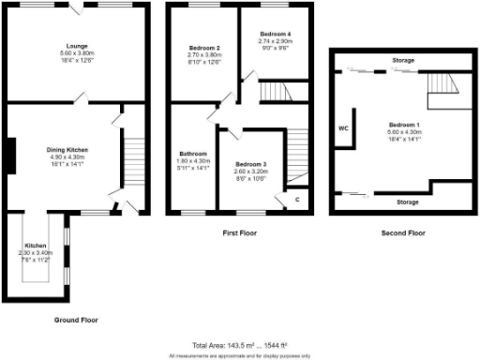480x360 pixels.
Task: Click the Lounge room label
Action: click(x=76, y=45)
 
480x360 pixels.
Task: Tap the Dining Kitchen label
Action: click(x=67, y=148)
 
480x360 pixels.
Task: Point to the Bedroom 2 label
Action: click(x=204, y=48)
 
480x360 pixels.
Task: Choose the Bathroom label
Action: click(x=194, y=152)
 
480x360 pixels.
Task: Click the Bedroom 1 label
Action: click(x=405, y=125)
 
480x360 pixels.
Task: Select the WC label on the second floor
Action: click(x=342, y=127)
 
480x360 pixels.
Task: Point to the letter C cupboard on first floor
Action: click(x=297, y=199)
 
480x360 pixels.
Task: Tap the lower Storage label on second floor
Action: click(x=407, y=201)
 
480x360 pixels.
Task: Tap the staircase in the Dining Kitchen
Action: click(x=131, y=164)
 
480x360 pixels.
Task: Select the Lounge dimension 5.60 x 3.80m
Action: click(x=76, y=52)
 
